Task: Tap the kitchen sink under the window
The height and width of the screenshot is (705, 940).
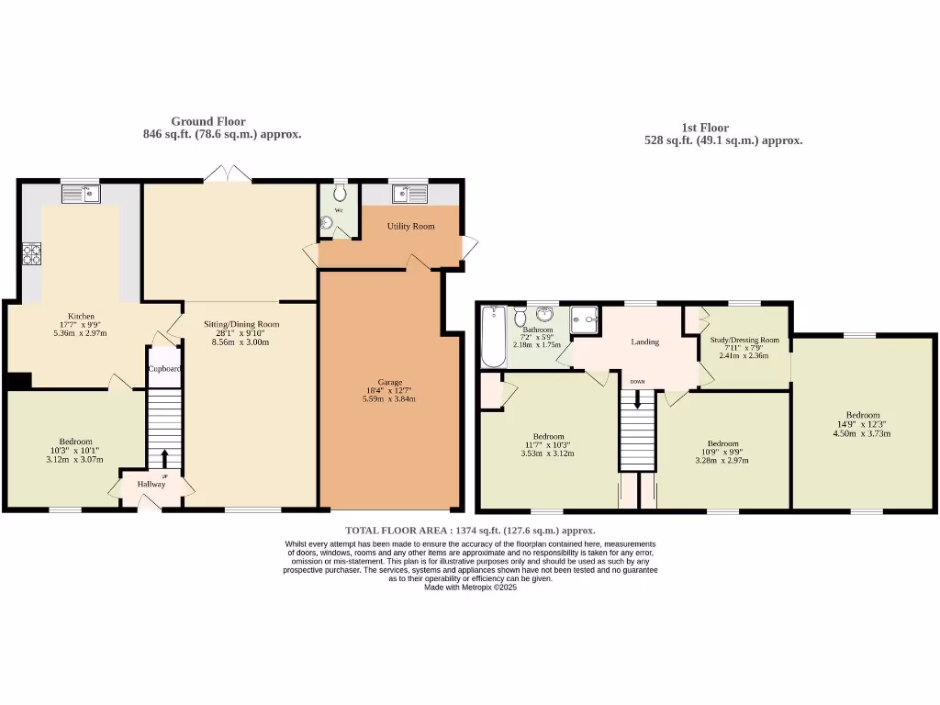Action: tap(82, 194)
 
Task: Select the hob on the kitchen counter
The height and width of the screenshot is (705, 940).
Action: tap(31, 253)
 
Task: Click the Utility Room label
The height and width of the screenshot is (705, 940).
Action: tap(410, 226)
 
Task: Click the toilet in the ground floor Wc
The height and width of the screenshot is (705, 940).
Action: tap(341, 193)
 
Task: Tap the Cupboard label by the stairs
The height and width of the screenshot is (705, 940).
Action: tap(164, 369)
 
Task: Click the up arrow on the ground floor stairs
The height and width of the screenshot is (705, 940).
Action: tap(165, 460)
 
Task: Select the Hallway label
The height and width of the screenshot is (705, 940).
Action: tap(151, 484)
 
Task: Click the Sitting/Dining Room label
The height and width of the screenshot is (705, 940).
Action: tap(241, 324)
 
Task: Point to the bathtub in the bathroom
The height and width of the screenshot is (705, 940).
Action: tap(492, 337)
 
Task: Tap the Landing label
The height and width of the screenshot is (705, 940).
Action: tap(644, 341)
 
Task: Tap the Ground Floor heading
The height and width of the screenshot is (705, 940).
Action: tap(208, 121)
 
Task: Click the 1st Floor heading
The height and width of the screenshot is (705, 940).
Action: tap(705, 128)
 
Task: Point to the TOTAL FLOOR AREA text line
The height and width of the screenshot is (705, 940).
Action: tap(470, 531)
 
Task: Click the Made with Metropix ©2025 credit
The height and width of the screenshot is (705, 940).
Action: tap(470, 587)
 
